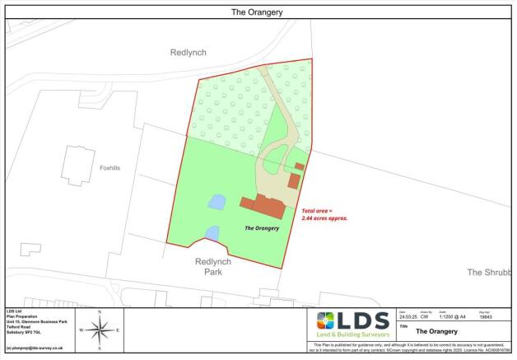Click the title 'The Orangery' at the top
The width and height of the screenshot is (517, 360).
click(258, 12)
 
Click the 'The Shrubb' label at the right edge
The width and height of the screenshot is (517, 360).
click(489, 272)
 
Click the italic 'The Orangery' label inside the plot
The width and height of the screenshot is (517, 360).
click(263, 227)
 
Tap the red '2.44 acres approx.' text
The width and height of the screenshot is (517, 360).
click(325, 217)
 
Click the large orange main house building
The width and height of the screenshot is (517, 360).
click(263, 204)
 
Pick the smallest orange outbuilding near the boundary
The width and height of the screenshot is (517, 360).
click(300, 166)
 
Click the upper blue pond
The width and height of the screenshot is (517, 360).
click(216, 201)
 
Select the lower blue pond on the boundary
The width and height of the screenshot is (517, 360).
click(212, 234)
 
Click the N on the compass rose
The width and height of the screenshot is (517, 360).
click(100, 313)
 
